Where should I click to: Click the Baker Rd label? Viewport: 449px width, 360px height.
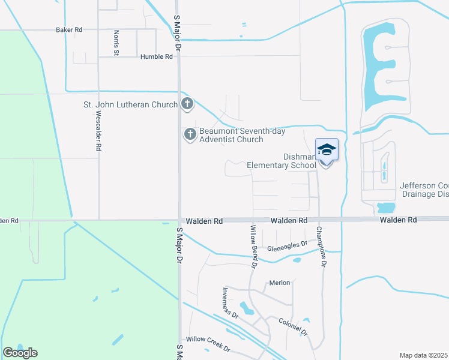coord(68,29)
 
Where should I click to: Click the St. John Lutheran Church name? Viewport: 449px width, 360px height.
coord(130,104)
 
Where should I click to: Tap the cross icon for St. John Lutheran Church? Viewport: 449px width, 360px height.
coord(187,104)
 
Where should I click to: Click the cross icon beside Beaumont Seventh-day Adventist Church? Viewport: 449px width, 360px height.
coord(190,134)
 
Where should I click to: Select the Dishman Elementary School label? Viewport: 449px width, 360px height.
coord(282,161)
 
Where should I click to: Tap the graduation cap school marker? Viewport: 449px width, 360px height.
coord(327,150)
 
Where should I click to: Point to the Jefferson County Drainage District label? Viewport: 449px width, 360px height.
coord(424,190)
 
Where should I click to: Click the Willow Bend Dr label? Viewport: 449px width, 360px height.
coord(253,245)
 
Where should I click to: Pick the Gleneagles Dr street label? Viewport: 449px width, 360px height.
coord(287,245)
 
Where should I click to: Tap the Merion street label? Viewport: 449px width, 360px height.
coord(280,283)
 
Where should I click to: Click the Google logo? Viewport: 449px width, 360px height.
coord(20,353)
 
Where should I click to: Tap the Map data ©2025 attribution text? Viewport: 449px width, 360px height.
coord(424,355)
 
